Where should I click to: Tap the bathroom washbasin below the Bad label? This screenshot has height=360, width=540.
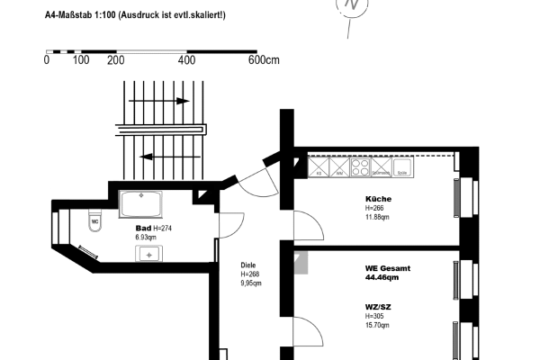(x=148, y=253)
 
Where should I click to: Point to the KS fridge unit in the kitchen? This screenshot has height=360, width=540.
(x=319, y=166)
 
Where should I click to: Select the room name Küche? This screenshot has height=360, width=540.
(x=378, y=199)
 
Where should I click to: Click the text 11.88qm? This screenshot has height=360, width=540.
(x=378, y=216)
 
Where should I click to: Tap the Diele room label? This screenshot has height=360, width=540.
(x=249, y=265)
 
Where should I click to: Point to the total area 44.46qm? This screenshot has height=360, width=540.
(x=382, y=277)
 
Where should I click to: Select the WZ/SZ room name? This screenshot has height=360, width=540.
(x=378, y=307)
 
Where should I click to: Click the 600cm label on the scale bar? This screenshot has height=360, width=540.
(x=265, y=60)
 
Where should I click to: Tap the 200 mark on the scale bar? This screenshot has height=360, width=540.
(x=115, y=60)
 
